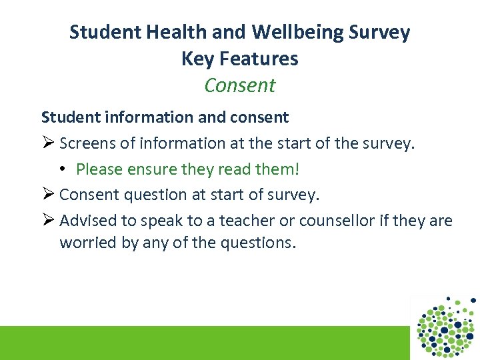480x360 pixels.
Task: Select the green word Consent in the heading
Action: pos(240,85)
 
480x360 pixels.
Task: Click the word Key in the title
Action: pos(195,59)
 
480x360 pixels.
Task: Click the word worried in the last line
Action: pos(84,243)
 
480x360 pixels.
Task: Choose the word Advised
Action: pos(85,221)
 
